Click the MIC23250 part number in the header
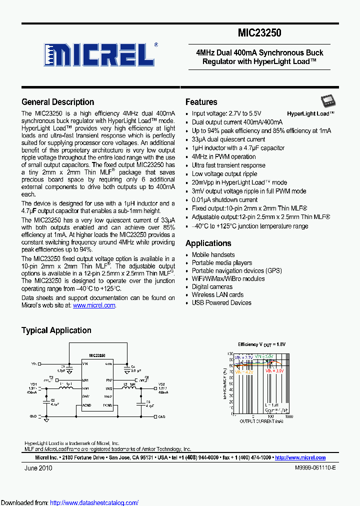coord(259,33)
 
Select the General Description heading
coord(57,102)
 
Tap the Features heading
coord(201,102)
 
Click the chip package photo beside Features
coord(329,102)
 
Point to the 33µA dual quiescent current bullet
coord(228,139)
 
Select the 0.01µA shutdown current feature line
coord(224,200)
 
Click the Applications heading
coord(208,243)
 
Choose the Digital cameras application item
coord(212,287)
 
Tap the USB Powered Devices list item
coord(221,303)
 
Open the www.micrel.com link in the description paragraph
coord(94,305)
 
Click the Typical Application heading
coord(56,330)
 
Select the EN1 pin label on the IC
coord(85,380)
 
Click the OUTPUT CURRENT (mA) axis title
coord(261,421)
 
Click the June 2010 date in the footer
coord(38,468)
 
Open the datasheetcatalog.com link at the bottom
coord(94,502)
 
